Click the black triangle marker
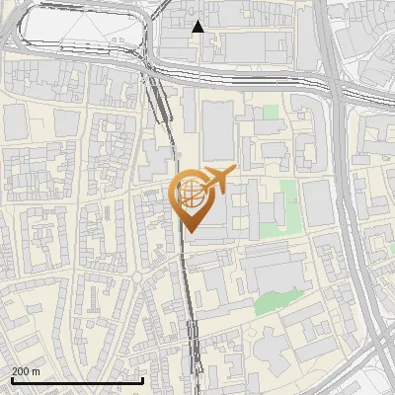tap(197, 27)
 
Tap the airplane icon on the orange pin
tap(218, 180)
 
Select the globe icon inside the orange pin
tap(191, 194)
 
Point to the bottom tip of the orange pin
tap(191, 233)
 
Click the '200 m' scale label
tap(26, 370)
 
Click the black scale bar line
tap(76, 380)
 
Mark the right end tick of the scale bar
tap(143, 379)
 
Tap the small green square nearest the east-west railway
tap(271, 114)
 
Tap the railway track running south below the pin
tap(188, 296)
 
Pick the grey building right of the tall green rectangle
tap(317, 202)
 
